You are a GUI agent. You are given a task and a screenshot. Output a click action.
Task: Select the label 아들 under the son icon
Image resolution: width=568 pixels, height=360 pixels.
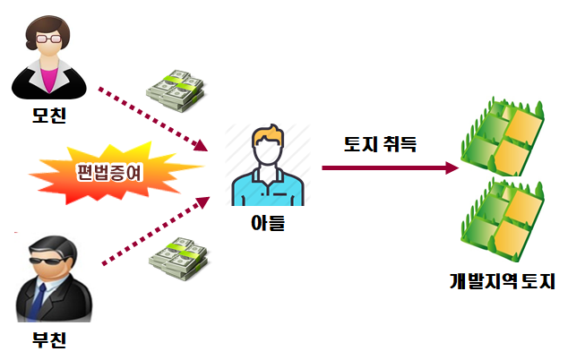click(266, 223)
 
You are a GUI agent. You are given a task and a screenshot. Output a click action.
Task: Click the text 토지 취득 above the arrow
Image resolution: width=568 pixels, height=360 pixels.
click(380, 143)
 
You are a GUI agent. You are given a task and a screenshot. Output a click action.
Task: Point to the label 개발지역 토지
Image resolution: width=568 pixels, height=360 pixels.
click(503, 280)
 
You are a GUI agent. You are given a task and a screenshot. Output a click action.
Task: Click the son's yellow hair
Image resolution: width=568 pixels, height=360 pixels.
click(267, 136)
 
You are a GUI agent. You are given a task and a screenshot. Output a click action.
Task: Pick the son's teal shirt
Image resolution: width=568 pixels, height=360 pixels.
click(266, 189)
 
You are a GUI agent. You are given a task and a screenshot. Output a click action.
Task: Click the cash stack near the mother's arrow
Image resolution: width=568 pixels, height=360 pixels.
click(176, 90)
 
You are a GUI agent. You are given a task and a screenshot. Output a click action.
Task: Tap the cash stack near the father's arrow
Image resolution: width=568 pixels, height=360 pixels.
click(177, 257)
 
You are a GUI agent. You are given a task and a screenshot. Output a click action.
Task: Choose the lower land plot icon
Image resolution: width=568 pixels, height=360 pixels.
click(504, 216)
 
